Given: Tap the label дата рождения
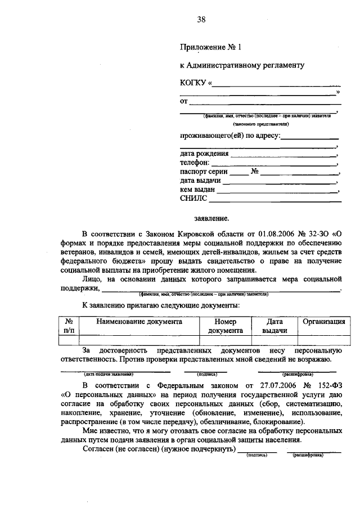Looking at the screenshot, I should (204, 154).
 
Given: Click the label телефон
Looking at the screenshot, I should (194, 163).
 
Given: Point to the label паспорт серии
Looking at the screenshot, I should (204, 172).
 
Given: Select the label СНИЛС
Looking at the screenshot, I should (193, 199).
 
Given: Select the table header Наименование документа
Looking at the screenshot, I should (139, 322).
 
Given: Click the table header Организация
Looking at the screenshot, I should (324, 322).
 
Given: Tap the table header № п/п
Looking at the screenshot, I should (70, 326).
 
